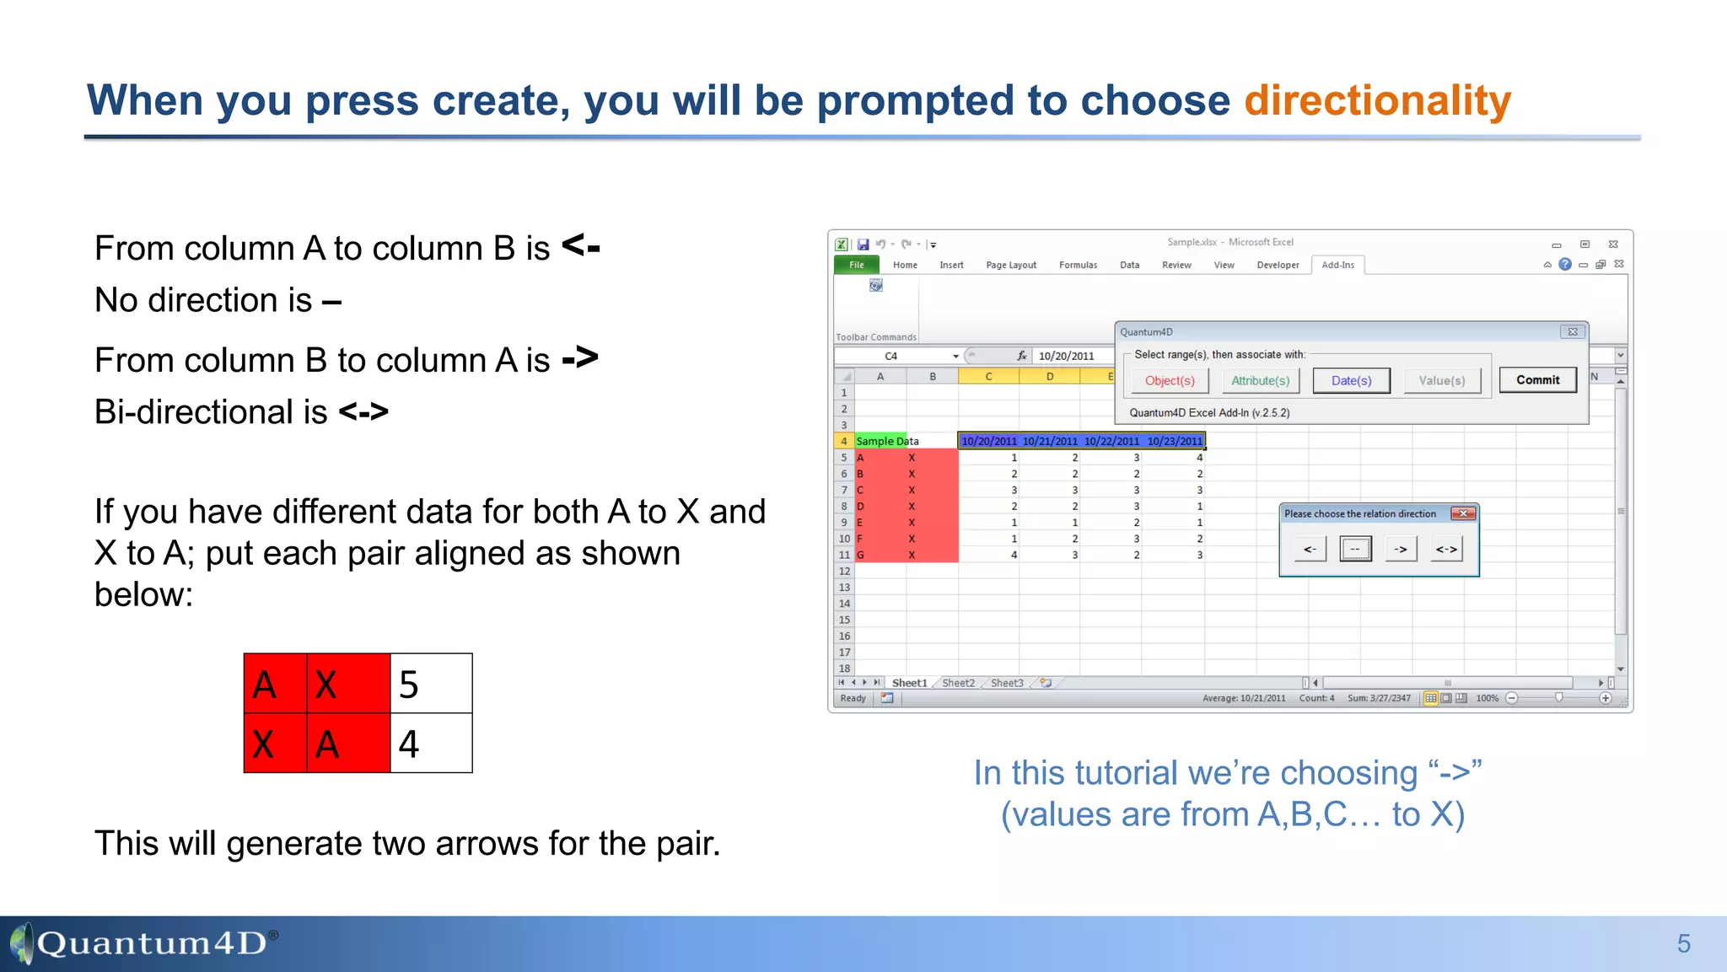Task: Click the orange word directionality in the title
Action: (1377, 101)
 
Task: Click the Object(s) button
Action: (1170, 381)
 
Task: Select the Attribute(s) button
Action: (1260, 381)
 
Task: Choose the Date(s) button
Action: (1351, 381)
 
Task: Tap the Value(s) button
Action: (1441, 381)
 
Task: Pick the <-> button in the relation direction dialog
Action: (1446, 550)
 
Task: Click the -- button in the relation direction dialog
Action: (1355, 550)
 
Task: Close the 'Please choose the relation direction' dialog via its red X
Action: (1463, 513)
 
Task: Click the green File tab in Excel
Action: (857, 265)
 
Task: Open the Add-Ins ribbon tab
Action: (1337, 265)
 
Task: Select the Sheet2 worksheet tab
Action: (958, 683)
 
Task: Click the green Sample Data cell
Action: (880, 441)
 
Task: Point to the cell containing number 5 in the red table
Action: (431, 684)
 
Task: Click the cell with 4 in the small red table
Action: (431, 744)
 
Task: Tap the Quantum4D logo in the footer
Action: (143, 942)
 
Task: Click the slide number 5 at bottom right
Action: (1683, 943)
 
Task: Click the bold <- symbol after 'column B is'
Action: (580, 247)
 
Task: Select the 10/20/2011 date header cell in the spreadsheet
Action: (988, 441)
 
